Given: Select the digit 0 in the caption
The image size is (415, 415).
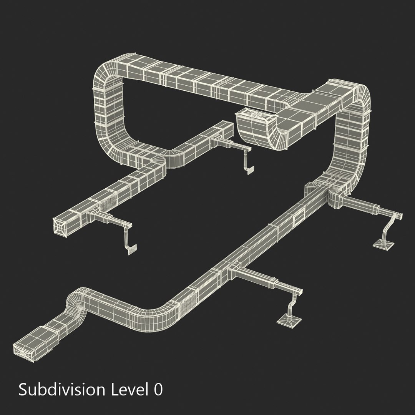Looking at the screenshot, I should coord(158,390).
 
